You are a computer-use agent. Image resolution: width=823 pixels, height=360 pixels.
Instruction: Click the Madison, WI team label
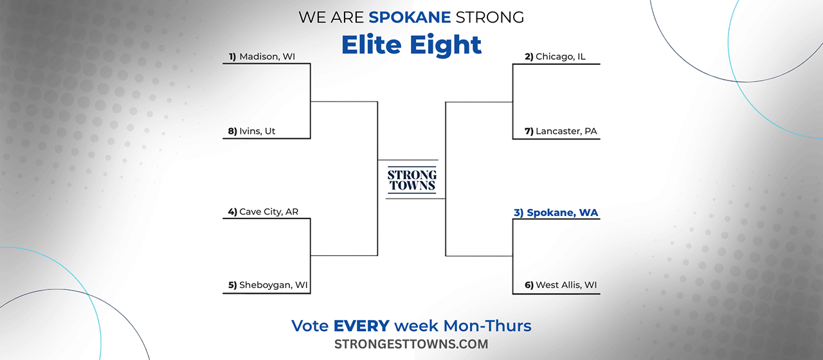pos(262,57)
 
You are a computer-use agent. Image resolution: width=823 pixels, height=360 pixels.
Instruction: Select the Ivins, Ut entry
pos(251,131)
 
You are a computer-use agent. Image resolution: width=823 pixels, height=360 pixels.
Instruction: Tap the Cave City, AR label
pos(263,212)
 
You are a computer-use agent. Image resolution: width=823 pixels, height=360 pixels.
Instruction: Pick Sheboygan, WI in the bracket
pos(268,285)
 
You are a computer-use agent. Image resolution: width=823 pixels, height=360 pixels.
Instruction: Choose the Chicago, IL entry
pos(555,57)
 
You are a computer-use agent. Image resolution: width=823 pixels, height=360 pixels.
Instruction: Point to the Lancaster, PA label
pos(561,131)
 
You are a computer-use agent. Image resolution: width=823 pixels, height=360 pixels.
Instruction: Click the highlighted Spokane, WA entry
pos(556,213)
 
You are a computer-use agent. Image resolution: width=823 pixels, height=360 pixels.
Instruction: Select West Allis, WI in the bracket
pos(561,285)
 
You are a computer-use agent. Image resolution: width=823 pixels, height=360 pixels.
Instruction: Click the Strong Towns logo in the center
pos(412,180)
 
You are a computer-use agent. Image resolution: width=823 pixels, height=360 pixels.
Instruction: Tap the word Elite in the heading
pos(372,45)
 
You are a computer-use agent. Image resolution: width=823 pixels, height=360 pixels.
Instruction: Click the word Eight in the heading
pos(446,46)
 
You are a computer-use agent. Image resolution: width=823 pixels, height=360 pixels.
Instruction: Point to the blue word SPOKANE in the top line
pos(410,17)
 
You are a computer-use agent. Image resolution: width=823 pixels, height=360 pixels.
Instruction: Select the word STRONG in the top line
pos(490,17)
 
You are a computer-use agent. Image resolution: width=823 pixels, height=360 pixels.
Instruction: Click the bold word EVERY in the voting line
pos(361,326)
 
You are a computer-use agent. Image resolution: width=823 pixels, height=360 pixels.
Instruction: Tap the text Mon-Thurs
pos(487,326)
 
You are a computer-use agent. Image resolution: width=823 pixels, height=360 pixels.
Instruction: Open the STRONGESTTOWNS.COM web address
pos(411,344)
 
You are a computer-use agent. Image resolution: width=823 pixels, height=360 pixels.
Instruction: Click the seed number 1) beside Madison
pos(233,57)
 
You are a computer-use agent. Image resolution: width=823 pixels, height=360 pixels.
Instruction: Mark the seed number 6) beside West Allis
pos(529,285)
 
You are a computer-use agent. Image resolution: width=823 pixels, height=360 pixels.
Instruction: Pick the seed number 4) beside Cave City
pos(233,212)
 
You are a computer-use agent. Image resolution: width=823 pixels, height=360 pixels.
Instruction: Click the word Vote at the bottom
pos(310,326)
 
